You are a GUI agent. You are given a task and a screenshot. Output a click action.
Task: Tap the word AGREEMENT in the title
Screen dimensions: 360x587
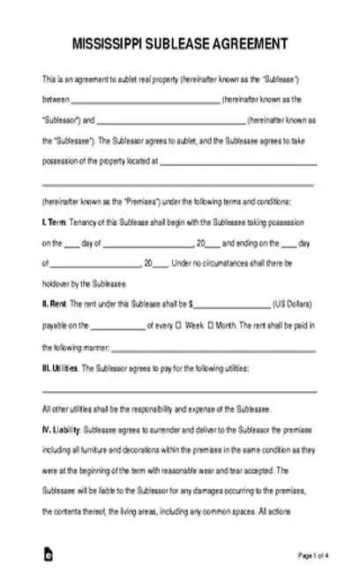click(x=256, y=44)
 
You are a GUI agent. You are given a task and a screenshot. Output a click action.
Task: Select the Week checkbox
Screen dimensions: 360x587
click(x=180, y=325)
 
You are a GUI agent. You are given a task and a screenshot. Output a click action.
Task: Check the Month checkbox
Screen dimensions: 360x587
click(x=210, y=325)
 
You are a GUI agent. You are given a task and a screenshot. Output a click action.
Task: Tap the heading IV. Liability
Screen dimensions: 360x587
click(x=61, y=432)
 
